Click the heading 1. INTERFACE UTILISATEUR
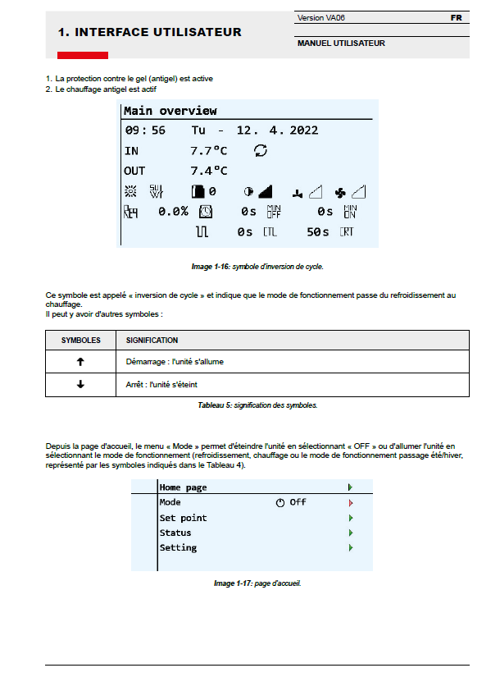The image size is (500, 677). point(149,32)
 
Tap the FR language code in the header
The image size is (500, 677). point(456,17)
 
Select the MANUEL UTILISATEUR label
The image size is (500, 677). point(340,43)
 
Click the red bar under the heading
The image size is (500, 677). point(82,55)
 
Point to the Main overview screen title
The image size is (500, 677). point(170,111)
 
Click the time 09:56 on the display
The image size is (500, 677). point(145,130)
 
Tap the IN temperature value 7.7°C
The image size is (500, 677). point(208,151)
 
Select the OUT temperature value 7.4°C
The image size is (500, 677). point(208,171)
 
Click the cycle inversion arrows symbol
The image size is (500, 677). point(261,150)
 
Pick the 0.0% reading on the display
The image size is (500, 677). point(173,211)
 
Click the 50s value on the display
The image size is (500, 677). point(318,232)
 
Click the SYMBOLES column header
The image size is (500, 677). point(80,340)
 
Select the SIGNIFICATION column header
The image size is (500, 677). point(152,340)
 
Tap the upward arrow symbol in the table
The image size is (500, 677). point(80,361)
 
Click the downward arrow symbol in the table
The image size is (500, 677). point(80,384)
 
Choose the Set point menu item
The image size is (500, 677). point(183,518)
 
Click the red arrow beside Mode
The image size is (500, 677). point(350,502)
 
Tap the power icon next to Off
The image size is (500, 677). point(280,503)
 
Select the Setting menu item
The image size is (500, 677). point(178,547)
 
